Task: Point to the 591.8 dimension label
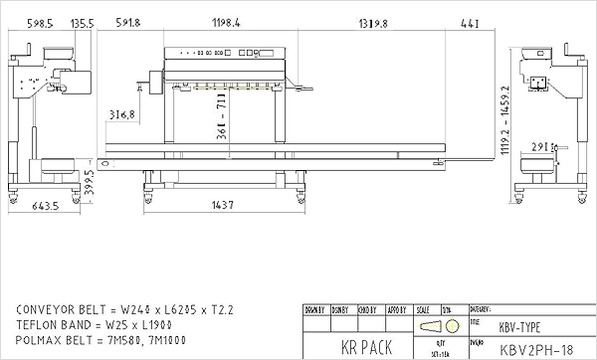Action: [127, 22]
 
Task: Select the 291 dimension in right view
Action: [542, 147]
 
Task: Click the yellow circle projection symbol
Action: [451, 327]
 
